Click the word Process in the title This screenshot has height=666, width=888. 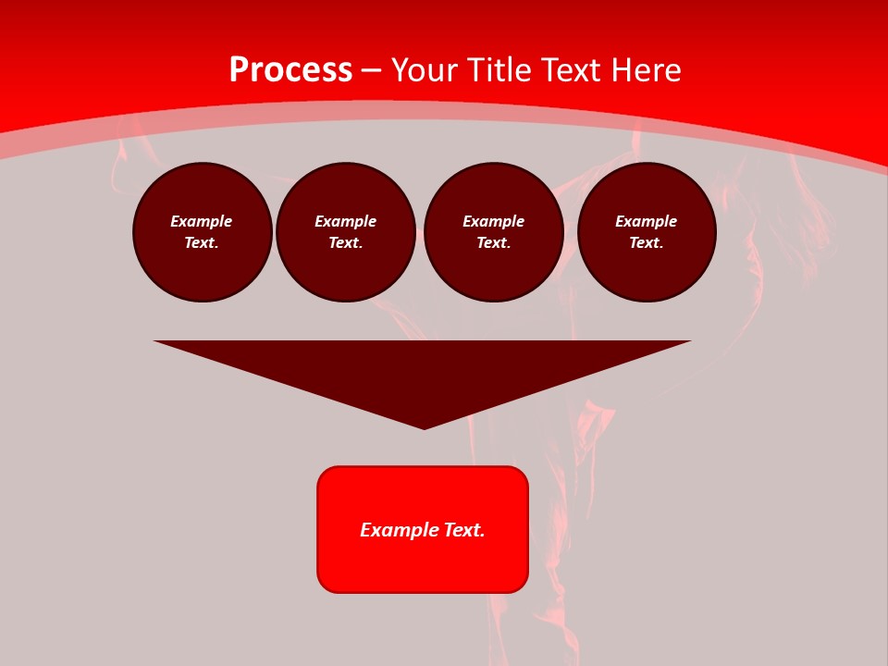pyautogui.click(x=290, y=70)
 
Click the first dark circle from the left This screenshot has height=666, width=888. pyautogui.click(x=203, y=232)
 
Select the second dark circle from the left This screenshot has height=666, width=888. pyautogui.click(x=346, y=232)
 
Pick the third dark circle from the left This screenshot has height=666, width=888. pyautogui.click(x=494, y=232)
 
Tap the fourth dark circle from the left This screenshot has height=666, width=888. pyautogui.click(x=647, y=232)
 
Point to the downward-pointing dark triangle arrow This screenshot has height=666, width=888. pyautogui.click(x=423, y=370)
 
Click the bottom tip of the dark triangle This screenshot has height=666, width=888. pyautogui.click(x=424, y=427)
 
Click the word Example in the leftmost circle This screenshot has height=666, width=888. pyautogui.click(x=202, y=221)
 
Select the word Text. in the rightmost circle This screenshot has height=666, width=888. pyautogui.click(x=647, y=243)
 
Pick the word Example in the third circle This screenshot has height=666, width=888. pyautogui.click(x=494, y=221)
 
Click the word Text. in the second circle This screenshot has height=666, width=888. pyautogui.click(x=346, y=243)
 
